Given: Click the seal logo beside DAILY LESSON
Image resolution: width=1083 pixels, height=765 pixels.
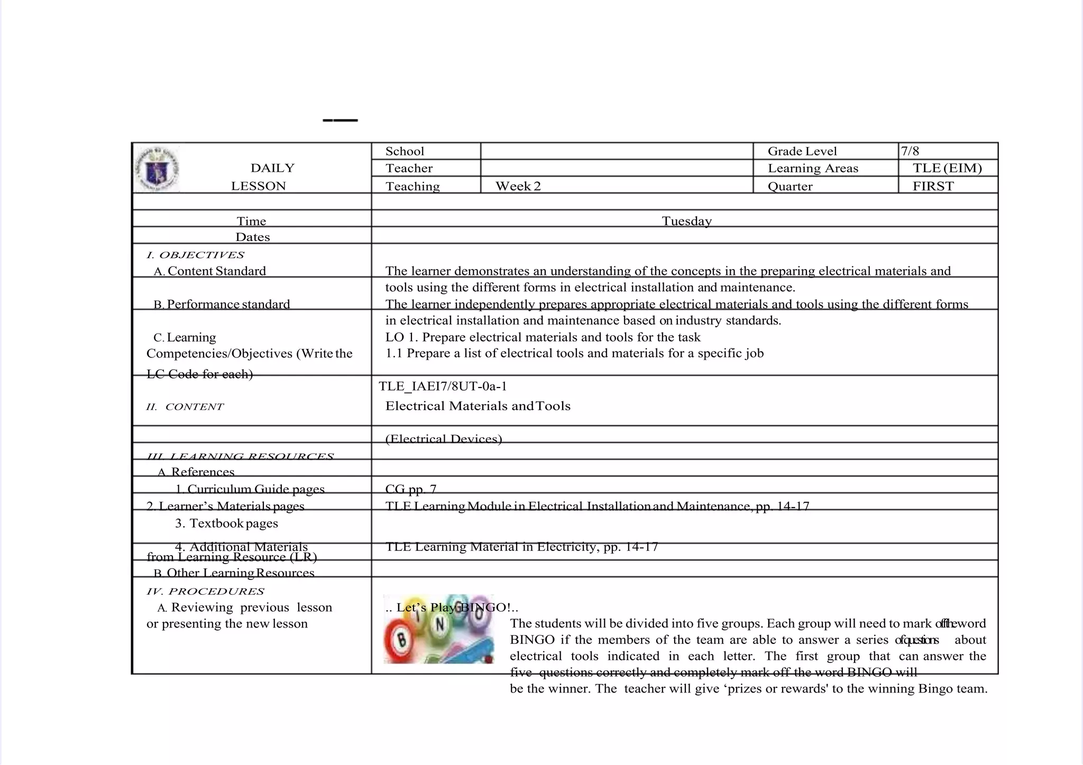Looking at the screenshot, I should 157,169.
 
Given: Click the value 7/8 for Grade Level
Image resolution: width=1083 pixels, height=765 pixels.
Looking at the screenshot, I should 910,151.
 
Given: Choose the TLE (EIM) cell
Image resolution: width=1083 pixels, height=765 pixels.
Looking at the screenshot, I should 947,168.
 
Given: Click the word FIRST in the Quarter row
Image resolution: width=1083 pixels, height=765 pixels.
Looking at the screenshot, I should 933,186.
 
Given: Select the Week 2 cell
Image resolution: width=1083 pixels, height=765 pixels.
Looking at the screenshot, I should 518,186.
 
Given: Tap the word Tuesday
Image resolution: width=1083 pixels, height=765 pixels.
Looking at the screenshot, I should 686,221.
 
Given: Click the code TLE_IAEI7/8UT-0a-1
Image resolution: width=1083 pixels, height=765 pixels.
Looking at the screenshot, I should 443,386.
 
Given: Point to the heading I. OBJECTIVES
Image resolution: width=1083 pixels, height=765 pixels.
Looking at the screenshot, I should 195,255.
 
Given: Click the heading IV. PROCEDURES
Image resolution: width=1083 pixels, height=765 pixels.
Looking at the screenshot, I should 205,591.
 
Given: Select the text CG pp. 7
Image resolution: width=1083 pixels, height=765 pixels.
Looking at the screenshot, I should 411,489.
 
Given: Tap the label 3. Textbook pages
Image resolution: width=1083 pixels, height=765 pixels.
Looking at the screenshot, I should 226,523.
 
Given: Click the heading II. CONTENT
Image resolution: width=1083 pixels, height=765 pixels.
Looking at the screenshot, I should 185,407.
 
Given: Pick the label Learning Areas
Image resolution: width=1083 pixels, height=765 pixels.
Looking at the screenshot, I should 813,168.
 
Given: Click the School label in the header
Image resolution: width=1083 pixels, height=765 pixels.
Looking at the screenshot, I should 405,151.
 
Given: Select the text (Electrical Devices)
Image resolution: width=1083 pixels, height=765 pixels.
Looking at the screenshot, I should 444,439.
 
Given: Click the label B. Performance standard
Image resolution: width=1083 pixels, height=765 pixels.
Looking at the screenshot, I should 222,304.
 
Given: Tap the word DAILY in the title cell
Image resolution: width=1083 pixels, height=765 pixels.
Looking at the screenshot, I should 272,168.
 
